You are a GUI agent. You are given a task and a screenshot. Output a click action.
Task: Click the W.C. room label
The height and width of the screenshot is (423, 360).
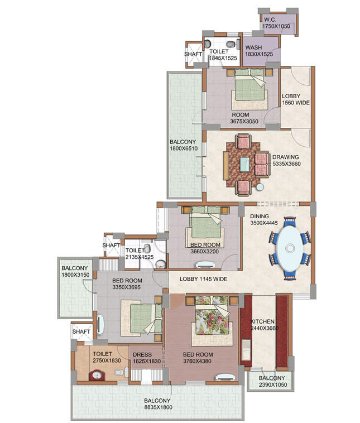pos(270,20)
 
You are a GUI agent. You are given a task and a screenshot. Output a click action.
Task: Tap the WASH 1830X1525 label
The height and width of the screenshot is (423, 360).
pos(259,51)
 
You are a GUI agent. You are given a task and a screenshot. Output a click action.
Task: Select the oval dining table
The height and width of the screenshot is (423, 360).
pos(290,248)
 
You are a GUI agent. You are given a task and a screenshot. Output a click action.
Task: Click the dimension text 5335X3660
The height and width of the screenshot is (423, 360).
pos(286,164)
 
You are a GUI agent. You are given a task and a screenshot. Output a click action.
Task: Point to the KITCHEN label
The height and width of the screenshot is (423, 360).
pos(262,321)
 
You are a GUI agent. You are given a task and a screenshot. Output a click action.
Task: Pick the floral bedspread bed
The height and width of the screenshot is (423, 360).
pos(212,315)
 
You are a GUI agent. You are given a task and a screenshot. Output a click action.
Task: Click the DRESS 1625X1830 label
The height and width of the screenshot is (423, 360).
pos(147,358)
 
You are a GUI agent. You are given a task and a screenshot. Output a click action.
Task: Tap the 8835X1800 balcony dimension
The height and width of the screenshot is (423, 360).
pos(158,407)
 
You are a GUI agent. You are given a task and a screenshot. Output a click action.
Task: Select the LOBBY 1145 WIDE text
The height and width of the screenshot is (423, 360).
pos(204,279)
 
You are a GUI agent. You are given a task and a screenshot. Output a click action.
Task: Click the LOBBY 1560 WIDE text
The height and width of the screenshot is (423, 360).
pos(296,99)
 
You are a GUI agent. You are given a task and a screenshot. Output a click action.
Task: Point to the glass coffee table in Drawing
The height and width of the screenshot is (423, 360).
pos(245,164)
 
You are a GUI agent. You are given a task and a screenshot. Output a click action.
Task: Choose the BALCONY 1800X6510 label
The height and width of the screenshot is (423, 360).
pos(184,145)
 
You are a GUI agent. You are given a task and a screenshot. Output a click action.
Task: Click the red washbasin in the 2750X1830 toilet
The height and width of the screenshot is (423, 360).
pos(97,375)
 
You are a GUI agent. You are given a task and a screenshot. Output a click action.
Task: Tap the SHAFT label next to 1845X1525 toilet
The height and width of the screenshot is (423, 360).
pos(193,54)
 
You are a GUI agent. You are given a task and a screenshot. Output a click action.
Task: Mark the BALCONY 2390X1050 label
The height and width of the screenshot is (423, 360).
pos(273,382)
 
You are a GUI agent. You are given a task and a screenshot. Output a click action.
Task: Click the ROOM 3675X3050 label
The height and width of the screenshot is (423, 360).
pos(244,118)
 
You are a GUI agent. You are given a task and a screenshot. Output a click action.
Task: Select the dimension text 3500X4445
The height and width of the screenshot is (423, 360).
pos(263,223)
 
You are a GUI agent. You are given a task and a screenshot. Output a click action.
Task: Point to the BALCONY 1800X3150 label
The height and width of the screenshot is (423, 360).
pos(75,271)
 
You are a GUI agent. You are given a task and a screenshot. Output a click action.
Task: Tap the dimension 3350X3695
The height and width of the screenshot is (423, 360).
pos(126,287)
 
